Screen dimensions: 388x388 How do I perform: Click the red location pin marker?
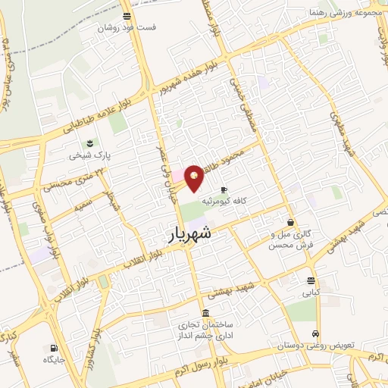click(195, 178)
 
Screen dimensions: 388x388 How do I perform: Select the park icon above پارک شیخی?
click(91, 143)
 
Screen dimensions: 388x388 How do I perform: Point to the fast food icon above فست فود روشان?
click(126, 16)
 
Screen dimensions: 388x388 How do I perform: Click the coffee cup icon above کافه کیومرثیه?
click(223, 189)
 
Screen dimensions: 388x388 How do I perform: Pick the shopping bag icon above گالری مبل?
click(291, 222)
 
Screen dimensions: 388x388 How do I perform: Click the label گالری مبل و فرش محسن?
click(290, 241)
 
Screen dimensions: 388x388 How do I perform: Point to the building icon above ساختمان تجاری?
click(206, 313)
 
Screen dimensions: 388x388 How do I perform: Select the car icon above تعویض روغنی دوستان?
click(314, 333)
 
